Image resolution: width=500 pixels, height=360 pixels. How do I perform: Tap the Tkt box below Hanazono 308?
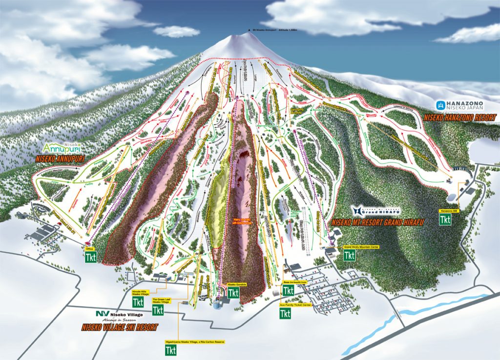[x=445, y=219]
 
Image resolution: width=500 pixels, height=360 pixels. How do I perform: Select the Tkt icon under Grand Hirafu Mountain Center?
[x=349, y=255]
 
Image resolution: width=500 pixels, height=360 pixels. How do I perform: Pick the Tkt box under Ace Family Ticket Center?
[x=285, y=313]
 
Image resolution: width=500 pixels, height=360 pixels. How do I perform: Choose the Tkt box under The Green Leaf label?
[x=158, y=310]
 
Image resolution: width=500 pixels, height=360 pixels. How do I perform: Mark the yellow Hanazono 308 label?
[x=445, y=210]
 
